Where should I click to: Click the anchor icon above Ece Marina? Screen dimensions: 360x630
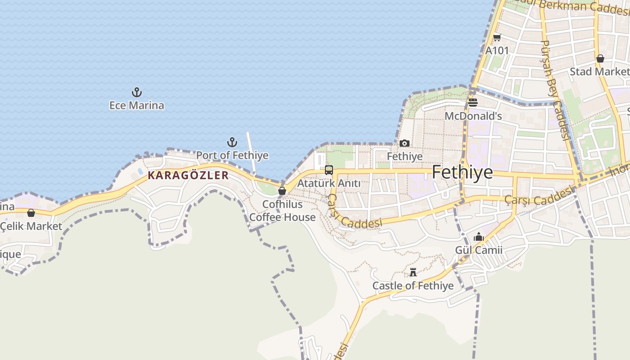tap(137, 93)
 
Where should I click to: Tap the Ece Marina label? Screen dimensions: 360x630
tap(137, 105)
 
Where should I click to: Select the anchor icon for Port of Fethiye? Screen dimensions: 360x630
tap(232, 143)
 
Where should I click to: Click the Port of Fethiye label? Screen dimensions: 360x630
tap(232, 155)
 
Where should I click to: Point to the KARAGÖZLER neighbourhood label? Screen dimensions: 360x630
tap(188, 175)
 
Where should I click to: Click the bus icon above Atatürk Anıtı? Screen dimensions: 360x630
tap(329, 170)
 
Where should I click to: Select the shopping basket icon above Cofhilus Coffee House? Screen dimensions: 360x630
tap(282, 191)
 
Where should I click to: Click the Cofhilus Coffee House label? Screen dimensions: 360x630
tap(283, 211)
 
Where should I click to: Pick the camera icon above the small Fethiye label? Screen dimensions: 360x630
tap(405, 144)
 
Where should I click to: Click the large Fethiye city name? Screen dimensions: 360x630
tap(462, 172)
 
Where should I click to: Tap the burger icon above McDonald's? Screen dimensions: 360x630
tap(473, 103)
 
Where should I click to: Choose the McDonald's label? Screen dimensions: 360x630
tap(473, 116)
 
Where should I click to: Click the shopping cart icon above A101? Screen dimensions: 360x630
tap(497, 38)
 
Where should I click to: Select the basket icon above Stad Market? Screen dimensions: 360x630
tap(600, 58)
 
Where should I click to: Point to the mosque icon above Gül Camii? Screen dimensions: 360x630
tap(478, 237)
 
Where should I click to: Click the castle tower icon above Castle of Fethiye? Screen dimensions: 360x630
tap(413, 272)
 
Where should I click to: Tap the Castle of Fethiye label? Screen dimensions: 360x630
tap(413, 286)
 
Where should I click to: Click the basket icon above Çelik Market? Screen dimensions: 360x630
tap(31, 213)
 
